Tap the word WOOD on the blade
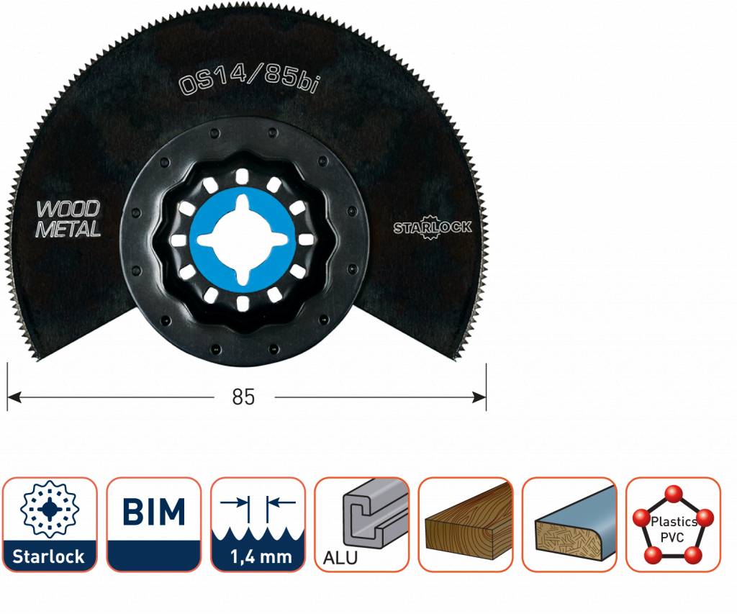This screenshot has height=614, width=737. click(68, 210)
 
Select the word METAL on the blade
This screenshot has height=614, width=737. click(68, 230)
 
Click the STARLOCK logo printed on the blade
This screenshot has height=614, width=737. click(433, 227)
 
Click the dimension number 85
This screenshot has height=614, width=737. click(244, 397)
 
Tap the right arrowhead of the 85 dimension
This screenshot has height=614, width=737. click(480, 396)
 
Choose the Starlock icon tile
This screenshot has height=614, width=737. click(50, 524)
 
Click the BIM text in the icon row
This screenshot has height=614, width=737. click(153, 513)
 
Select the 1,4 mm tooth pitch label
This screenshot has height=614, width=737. click(257, 556)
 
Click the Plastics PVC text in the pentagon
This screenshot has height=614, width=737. click(674, 528)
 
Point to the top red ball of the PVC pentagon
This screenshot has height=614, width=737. click(674, 493)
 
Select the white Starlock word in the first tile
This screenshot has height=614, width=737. click(50, 556)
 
